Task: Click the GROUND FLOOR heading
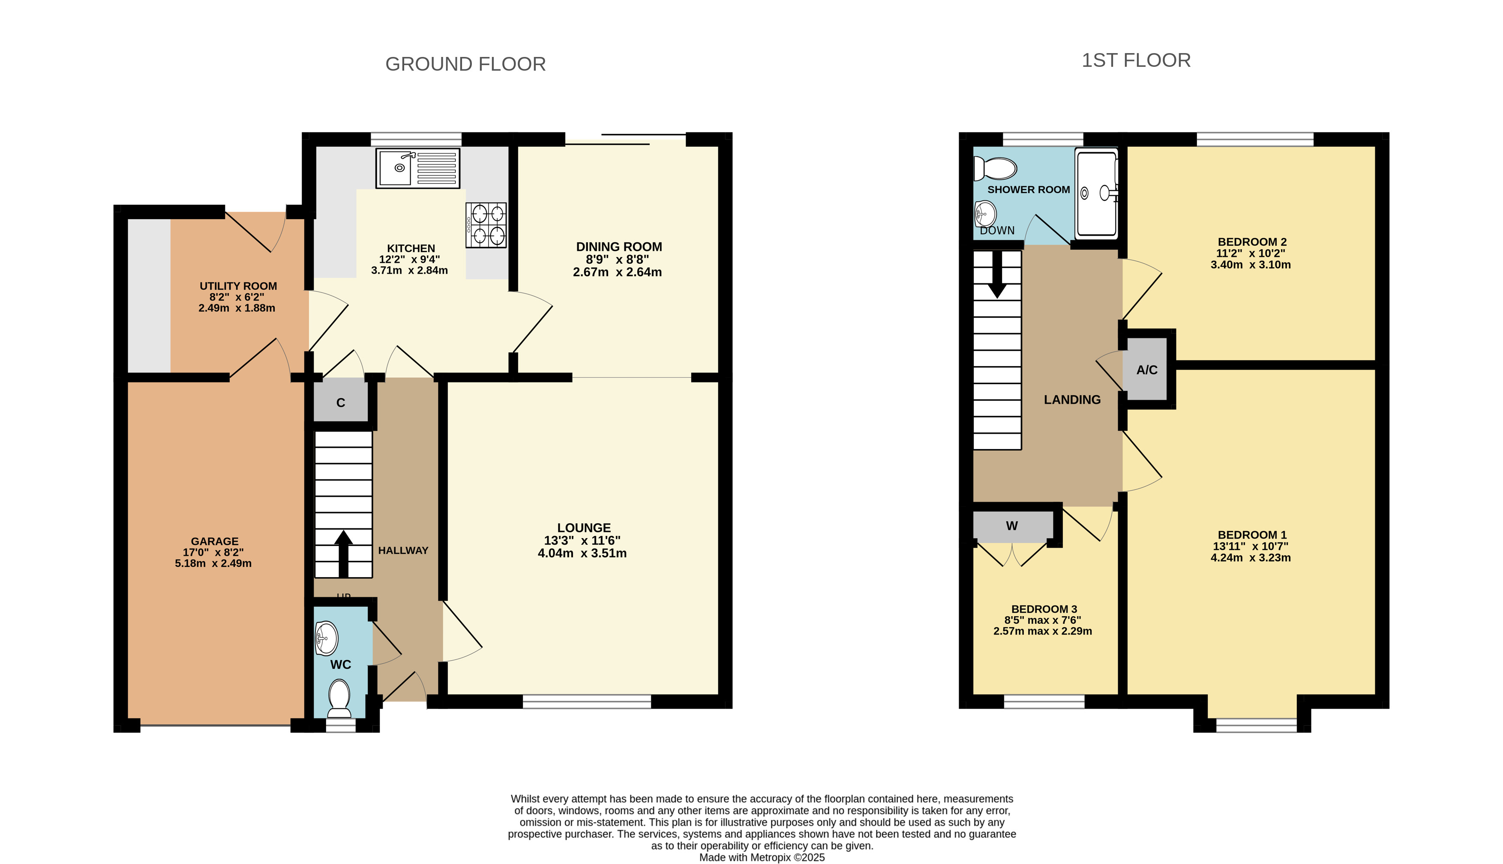(465, 64)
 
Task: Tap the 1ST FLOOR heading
(1136, 60)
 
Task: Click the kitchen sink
(418, 169)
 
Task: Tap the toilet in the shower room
(995, 169)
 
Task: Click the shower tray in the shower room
(1097, 194)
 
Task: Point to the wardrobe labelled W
(1012, 526)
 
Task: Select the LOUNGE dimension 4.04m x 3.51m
(582, 554)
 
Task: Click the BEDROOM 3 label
(1044, 609)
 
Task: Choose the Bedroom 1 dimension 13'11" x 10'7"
(1250, 546)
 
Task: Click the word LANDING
(1072, 400)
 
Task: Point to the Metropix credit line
(762, 858)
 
